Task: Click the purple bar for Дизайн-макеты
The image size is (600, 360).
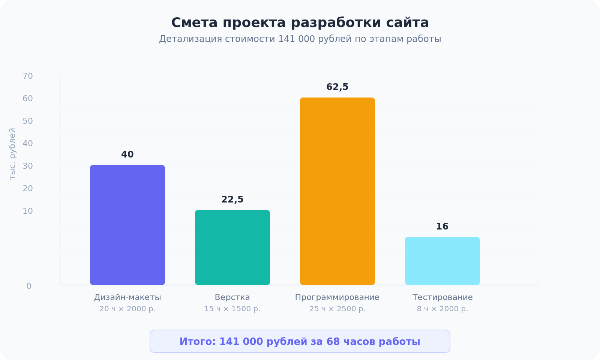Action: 127,225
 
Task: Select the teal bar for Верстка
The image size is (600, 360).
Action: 232,247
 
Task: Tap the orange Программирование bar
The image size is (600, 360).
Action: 337,191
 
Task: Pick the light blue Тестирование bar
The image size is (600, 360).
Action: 442,261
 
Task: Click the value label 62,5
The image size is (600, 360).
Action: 337,87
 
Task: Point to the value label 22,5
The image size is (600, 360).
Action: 232,199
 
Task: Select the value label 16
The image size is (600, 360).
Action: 442,226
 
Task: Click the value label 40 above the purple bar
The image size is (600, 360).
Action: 127,154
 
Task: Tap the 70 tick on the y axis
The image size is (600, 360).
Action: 28,76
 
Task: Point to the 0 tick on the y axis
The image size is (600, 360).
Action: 29,286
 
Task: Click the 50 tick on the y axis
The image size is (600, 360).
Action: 28,121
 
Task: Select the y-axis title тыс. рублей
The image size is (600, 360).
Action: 12,154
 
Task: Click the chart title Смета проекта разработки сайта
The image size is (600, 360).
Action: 300,22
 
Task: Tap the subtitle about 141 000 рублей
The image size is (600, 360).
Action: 300,39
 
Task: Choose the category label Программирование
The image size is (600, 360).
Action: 337,297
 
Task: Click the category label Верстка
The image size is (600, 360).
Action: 232,297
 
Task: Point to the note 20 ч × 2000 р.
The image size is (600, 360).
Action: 127,309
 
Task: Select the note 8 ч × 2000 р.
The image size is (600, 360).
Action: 442,309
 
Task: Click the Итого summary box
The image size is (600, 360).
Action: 300,341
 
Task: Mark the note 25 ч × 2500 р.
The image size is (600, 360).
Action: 337,309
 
